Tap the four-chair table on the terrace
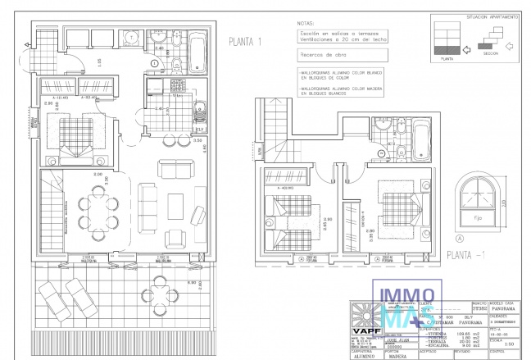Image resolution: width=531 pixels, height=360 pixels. coord(160,293)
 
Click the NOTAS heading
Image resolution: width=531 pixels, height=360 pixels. coord(305,25)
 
